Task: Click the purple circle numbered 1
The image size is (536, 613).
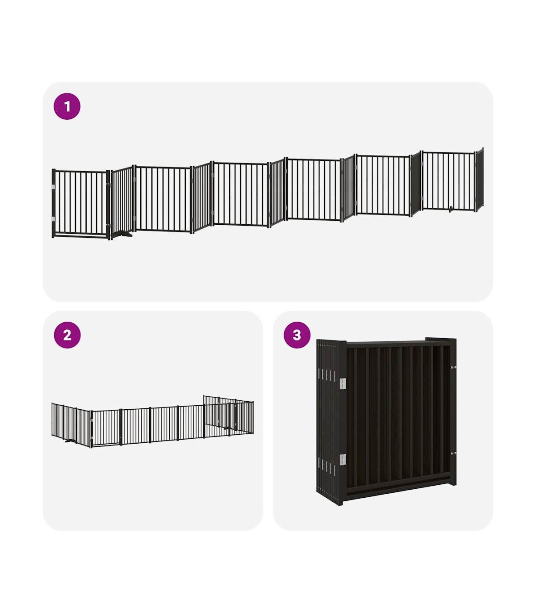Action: (x=67, y=106)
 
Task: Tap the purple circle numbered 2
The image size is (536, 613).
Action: (x=67, y=335)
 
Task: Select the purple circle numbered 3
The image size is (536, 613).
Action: (x=297, y=335)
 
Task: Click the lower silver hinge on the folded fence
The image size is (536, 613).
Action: (x=343, y=460)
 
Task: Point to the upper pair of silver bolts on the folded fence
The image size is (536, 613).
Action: (x=453, y=367)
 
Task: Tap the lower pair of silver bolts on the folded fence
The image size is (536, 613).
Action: (x=453, y=453)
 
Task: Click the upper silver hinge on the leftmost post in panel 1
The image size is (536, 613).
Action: (x=54, y=187)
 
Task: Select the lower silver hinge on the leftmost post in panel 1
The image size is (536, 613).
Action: (x=54, y=219)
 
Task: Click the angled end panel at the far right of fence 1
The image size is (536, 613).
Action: (x=479, y=180)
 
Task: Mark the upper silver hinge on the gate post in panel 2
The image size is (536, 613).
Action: (x=92, y=421)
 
